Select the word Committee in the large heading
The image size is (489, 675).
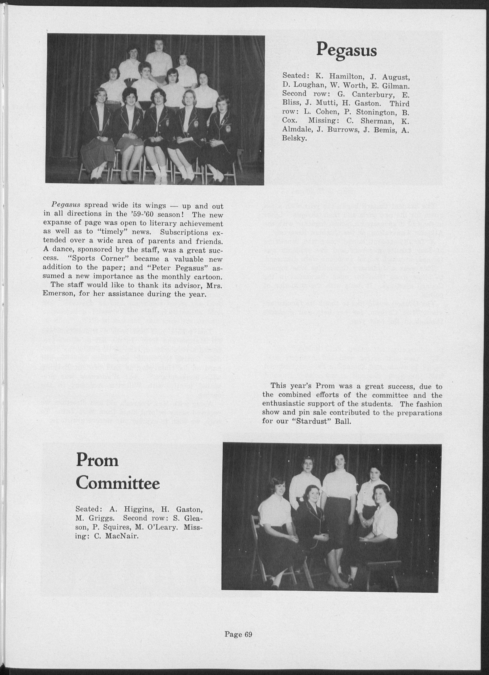[118, 484]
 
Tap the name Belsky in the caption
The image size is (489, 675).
[294, 138]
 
